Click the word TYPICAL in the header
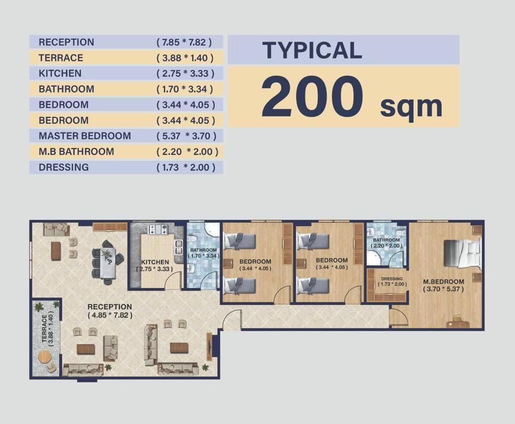click(x=312, y=50)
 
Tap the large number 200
click(x=312, y=96)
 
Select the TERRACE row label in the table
click(x=61, y=58)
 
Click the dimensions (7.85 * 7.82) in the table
click(x=184, y=42)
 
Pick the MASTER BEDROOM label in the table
click(x=85, y=136)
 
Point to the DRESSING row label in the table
click(x=64, y=167)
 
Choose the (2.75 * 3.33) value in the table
click(x=186, y=73)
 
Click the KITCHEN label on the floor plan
click(x=155, y=262)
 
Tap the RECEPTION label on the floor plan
click(x=110, y=307)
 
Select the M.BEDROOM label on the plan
click(x=444, y=281)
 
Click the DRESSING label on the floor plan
click(x=392, y=279)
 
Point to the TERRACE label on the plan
click(x=45, y=328)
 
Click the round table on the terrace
click(x=44, y=358)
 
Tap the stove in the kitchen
click(x=158, y=229)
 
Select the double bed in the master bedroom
click(x=462, y=253)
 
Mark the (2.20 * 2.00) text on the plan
click(x=387, y=246)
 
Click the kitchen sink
click(x=179, y=247)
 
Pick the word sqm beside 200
click(x=411, y=107)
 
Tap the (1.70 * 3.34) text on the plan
click(x=205, y=256)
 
